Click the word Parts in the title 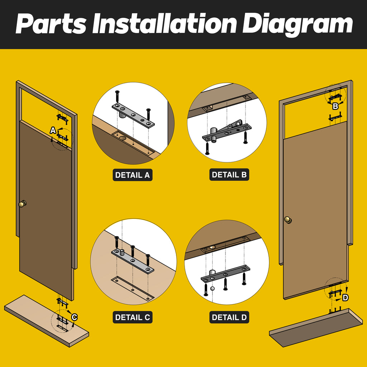[x=51, y=24]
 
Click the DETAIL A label [x=133, y=175]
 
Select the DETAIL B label [x=229, y=175]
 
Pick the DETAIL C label [x=133, y=317]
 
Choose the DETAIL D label [x=229, y=317]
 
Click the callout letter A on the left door [x=53, y=130]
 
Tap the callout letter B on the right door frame [x=335, y=106]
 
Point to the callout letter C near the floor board [x=75, y=318]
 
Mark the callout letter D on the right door [x=345, y=298]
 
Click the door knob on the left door [x=23, y=204]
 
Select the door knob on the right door [x=288, y=220]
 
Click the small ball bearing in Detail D [x=212, y=289]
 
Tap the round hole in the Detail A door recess [x=123, y=138]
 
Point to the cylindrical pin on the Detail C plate [x=122, y=252]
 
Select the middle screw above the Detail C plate [x=133, y=251]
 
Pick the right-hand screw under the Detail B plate [x=245, y=138]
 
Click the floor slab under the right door [x=316, y=328]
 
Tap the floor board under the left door [x=47, y=321]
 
